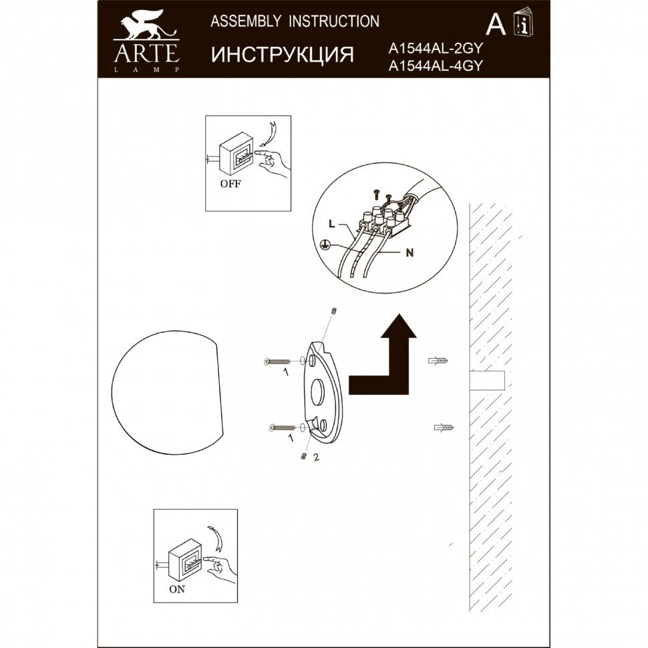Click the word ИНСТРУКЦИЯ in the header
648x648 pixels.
pos(283,55)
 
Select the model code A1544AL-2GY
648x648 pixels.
pos(436,49)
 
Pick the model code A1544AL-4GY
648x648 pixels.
pos(436,66)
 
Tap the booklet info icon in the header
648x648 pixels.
pos(523,21)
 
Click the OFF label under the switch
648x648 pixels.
pos(230,184)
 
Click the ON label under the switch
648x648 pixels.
pos(177,589)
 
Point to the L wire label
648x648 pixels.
pos(331,224)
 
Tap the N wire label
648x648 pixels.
pos(410,253)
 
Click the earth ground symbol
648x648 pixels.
pos(325,246)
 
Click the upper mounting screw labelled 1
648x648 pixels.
pos(277,362)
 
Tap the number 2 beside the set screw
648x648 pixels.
pos(316,458)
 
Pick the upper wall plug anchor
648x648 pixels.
pos(438,361)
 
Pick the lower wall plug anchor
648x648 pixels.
pos(444,428)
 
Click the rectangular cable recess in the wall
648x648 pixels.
pos(488,381)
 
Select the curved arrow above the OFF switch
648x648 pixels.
pos(268,133)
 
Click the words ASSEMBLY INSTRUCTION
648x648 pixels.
pos(295,21)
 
